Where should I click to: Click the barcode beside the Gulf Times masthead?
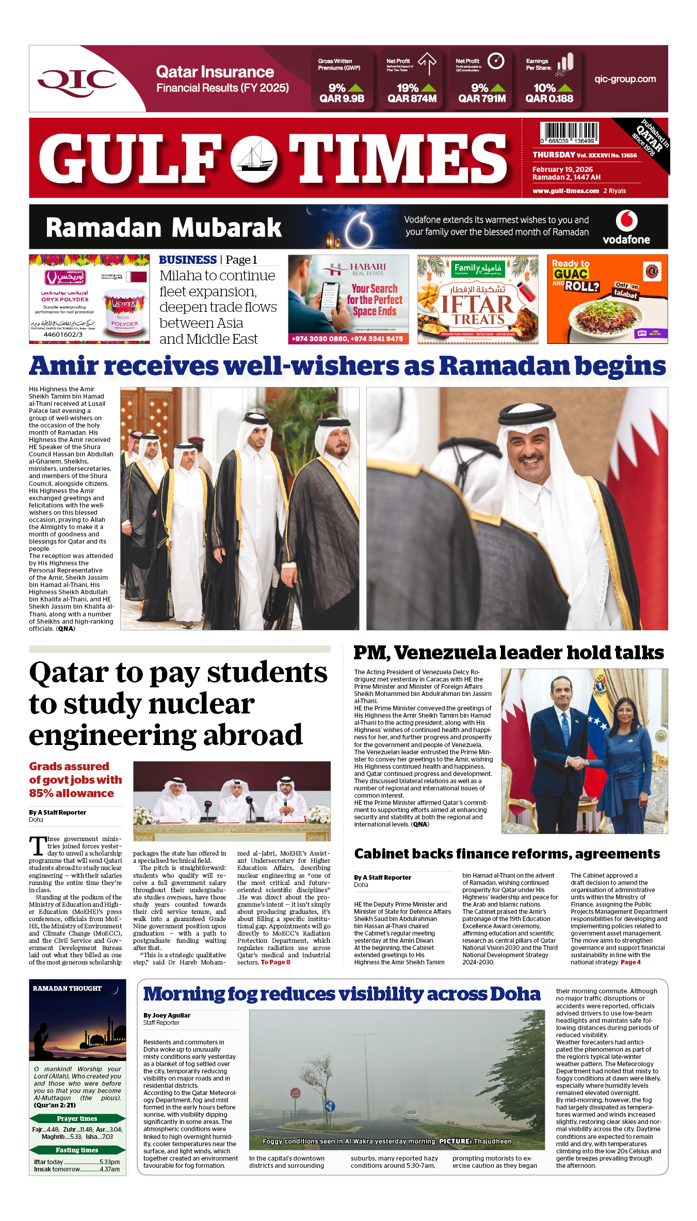coord(569,133)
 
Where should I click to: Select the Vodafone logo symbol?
coord(626,220)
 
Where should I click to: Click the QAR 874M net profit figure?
coord(412,99)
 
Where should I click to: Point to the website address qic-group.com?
coord(625,79)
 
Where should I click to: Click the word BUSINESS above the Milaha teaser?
coord(188,260)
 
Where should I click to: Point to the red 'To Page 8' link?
coord(275,962)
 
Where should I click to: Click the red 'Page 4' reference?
coord(630,962)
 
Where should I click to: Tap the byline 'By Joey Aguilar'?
coord(167,1015)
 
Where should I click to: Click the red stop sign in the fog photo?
coord(295,1093)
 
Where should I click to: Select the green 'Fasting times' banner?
coord(77,1150)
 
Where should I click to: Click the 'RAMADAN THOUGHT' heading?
coord(67,988)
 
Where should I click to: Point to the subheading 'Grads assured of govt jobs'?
coord(75,780)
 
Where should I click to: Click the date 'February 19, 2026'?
coord(562,169)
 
